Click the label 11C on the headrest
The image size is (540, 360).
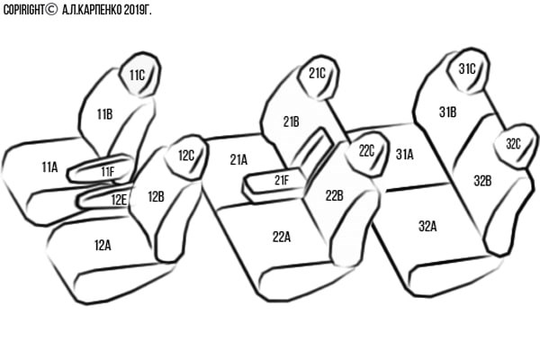point(137,75)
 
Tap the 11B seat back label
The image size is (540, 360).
point(104,114)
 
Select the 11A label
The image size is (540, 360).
point(49,167)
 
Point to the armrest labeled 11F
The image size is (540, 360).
point(101,169)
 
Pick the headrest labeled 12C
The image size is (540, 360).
point(186,157)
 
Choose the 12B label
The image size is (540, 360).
point(156,197)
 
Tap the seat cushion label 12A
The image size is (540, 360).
point(103,246)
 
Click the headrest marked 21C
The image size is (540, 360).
point(319,77)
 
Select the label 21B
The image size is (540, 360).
point(291,122)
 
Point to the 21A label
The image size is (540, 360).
point(238,160)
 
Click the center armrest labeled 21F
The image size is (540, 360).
point(274,184)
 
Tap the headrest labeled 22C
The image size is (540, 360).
point(365,154)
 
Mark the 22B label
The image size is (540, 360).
point(334,196)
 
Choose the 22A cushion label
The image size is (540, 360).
point(282,237)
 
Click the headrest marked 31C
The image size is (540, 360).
point(468,70)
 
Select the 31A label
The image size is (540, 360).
point(404,155)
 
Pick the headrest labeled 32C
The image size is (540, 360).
point(515,146)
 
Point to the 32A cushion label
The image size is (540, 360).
point(427,226)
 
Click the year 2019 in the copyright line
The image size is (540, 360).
point(133,10)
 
